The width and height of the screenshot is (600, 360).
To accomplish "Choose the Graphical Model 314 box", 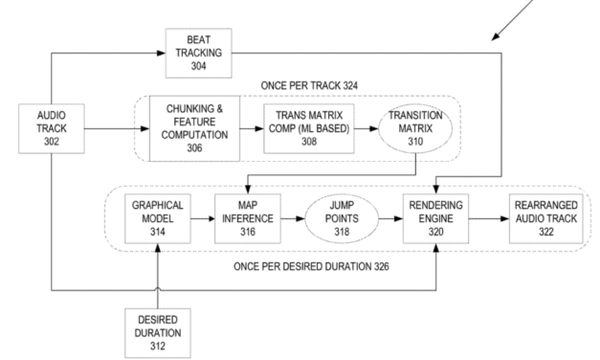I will [153, 218].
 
